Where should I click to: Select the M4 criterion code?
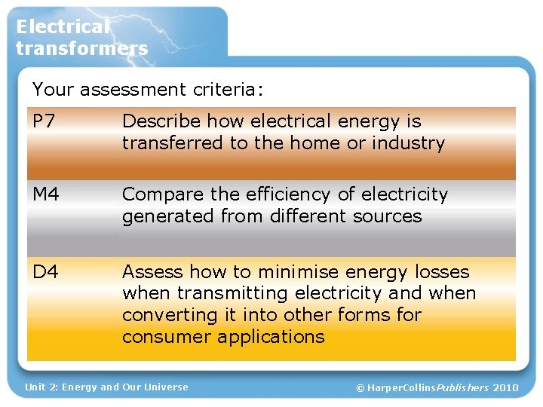46,195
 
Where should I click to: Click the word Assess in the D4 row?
152,272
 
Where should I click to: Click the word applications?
271,336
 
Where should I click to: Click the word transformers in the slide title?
81,49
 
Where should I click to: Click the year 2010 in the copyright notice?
506,387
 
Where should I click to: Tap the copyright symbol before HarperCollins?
360,387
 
